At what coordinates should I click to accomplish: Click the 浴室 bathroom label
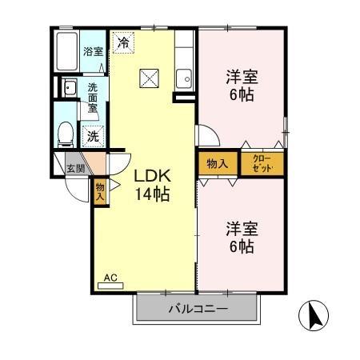(93, 51)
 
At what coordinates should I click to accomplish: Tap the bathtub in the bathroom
(67, 51)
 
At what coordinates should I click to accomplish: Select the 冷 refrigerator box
(123, 42)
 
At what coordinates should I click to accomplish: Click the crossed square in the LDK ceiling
(149, 78)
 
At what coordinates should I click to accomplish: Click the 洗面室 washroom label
(93, 97)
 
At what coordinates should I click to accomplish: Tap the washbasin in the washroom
(69, 88)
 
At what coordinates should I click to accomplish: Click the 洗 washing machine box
(94, 136)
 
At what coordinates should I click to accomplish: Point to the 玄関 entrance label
(75, 168)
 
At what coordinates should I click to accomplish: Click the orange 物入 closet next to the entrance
(100, 190)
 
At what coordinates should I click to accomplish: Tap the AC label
(110, 278)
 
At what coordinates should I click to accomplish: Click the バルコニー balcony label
(197, 309)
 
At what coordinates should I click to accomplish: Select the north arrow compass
(314, 318)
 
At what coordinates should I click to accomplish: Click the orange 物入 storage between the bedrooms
(218, 163)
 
